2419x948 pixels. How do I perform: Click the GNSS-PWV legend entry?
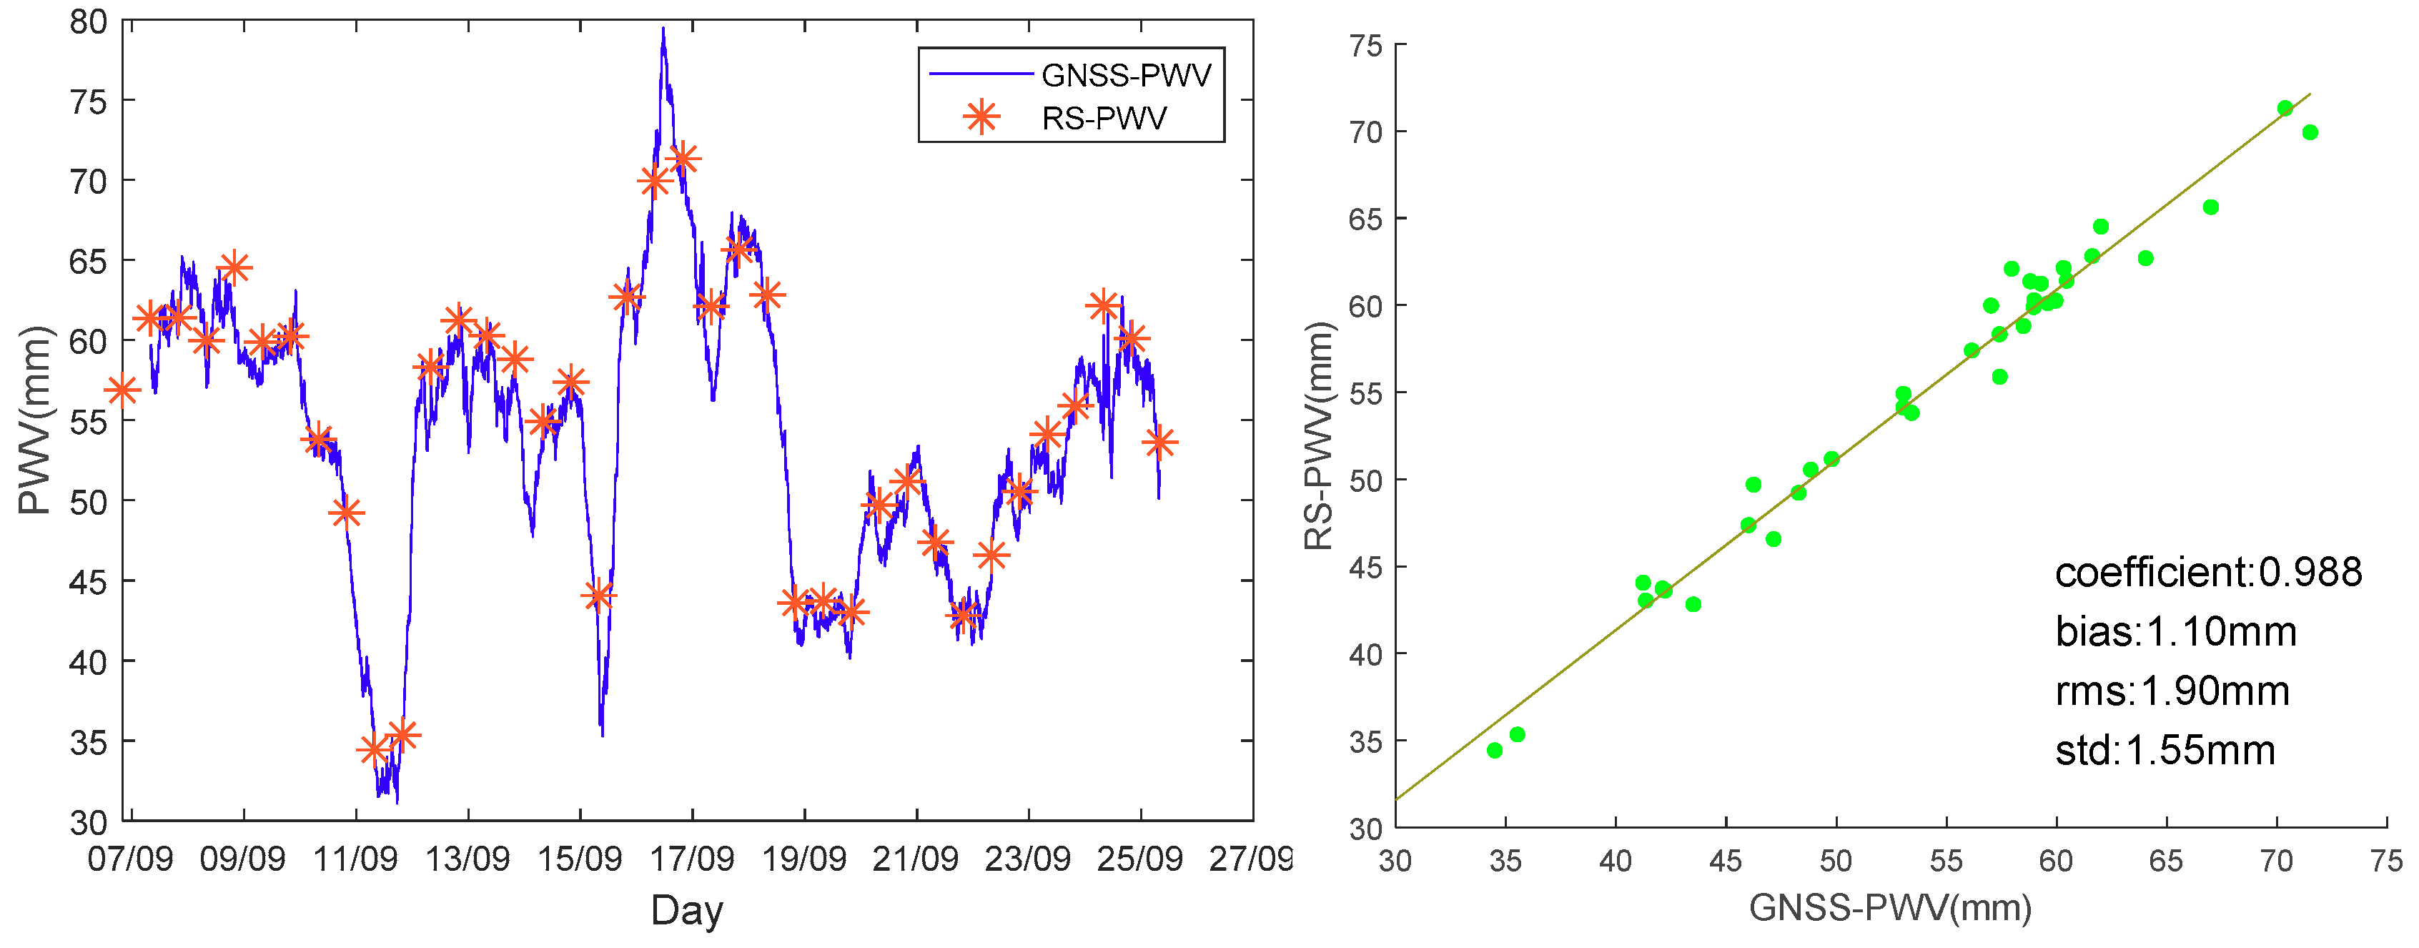pyautogui.click(x=1125, y=74)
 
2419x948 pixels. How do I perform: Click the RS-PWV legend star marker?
pyautogui.click(x=981, y=117)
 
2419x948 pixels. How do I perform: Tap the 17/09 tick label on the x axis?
pyautogui.click(x=692, y=859)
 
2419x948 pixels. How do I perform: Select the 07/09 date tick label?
pyautogui.click(x=131, y=859)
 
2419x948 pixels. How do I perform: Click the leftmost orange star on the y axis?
pyautogui.click(x=122, y=390)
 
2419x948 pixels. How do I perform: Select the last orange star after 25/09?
pyautogui.click(x=1159, y=442)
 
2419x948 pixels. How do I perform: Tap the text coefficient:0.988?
pyautogui.click(x=2207, y=572)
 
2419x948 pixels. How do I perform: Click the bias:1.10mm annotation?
pyautogui.click(x=2175, y=631)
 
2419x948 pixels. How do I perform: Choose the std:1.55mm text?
pyautogui.click(x=2165, y=751)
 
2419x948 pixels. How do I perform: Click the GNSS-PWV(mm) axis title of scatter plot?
pyautogui.click(x=1889, y=907)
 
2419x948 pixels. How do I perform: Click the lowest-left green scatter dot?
pyautogui.click(x=1495, y=750)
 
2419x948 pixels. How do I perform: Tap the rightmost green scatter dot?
pyautogui.click(x=2310, y=132)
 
